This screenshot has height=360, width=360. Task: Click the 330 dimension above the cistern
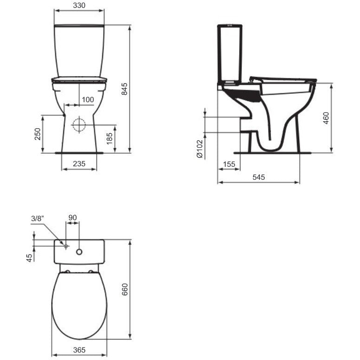tap(79, 6)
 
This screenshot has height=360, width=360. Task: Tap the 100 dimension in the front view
tap(87, 100)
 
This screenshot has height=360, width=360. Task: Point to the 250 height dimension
tap(38, 134)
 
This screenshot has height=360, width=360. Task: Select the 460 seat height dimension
tap(326, 118)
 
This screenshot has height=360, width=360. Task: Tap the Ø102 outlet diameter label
tap(200, 149)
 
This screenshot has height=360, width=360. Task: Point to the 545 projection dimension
tap(258, 177)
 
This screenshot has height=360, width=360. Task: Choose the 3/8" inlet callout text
tap(37, 218)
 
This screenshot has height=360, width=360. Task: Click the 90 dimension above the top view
tap(72, 218)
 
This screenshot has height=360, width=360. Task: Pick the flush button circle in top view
tap(79, 252)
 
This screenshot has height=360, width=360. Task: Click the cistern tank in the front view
tap(79, 50)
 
